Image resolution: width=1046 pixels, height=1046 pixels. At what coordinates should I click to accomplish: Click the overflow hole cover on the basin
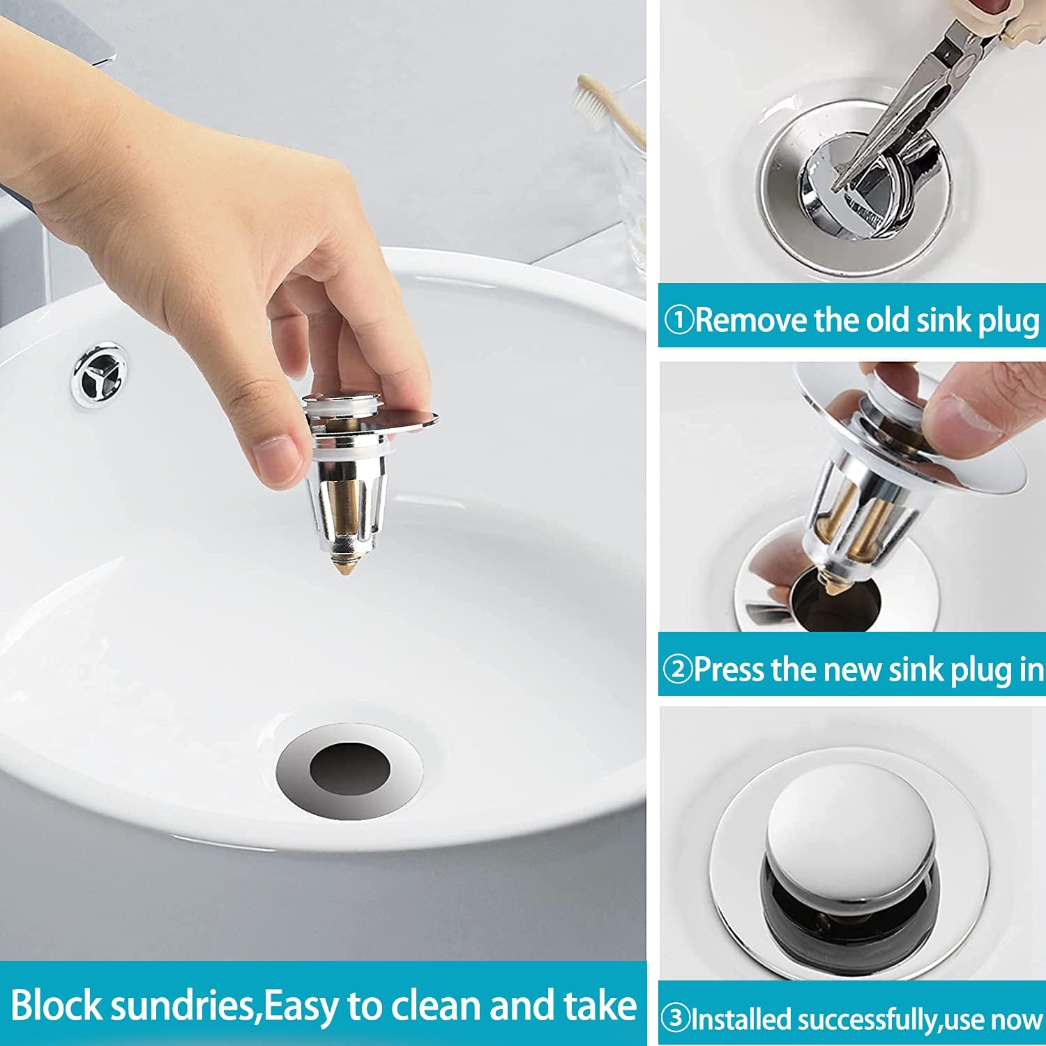[100, 375]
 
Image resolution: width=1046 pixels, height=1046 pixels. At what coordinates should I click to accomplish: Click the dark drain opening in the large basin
[349, 770]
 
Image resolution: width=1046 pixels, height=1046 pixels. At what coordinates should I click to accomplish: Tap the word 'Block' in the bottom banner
[56, 1006]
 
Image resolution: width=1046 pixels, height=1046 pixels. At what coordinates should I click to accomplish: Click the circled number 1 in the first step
[678, 321]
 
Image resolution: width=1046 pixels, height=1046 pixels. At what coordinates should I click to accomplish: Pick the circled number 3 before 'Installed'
[675, 1019]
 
